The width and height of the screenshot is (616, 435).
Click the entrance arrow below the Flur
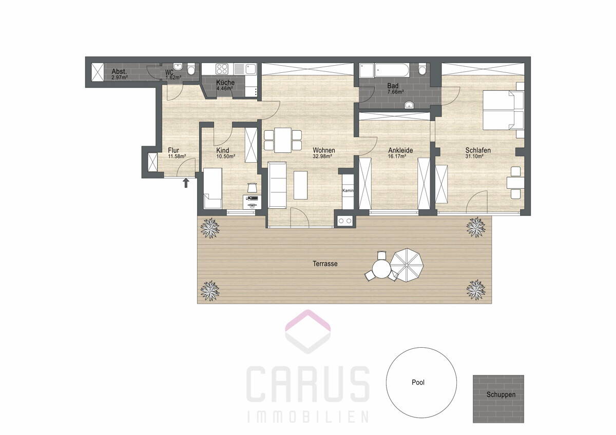[186, 183]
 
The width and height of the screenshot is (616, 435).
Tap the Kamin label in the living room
[348, 190]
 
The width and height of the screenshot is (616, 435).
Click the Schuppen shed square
[498, 399]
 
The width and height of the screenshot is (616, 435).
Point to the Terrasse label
[325, 264]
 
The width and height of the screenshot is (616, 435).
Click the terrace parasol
[407, 265]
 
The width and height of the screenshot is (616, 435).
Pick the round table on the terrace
[381, 269]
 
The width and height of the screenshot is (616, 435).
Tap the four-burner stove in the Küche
[222, 69]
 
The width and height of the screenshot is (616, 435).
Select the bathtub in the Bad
[392, 70]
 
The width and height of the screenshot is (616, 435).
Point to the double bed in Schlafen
[503, 110]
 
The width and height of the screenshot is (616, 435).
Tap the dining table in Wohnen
[283, 140]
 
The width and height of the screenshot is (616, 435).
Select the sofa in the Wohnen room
[277, 185]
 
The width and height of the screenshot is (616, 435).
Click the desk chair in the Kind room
[252, 188]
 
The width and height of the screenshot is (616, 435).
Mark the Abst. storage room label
[119, 72]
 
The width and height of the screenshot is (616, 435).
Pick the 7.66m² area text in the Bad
[395, 92]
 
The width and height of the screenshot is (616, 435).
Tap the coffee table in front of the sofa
[300, 185]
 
